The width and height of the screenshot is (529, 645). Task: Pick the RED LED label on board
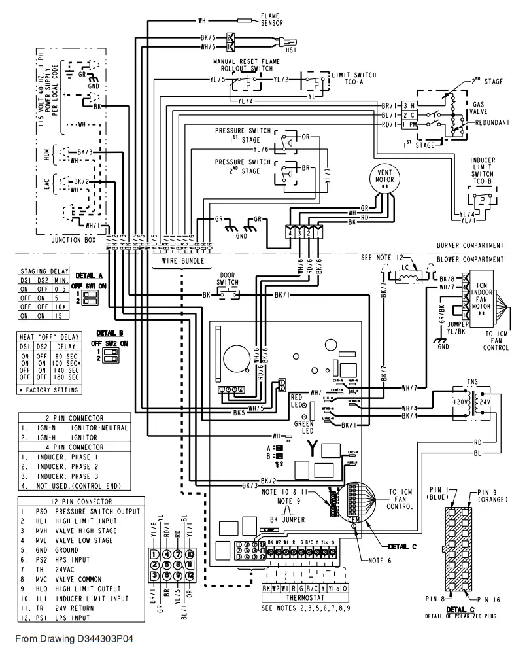click(296, 401)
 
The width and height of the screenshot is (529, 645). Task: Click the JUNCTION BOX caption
click(73, 240)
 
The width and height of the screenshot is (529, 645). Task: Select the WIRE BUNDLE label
click(182, 260)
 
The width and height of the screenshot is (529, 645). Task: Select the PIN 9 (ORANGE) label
click(495, 495)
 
